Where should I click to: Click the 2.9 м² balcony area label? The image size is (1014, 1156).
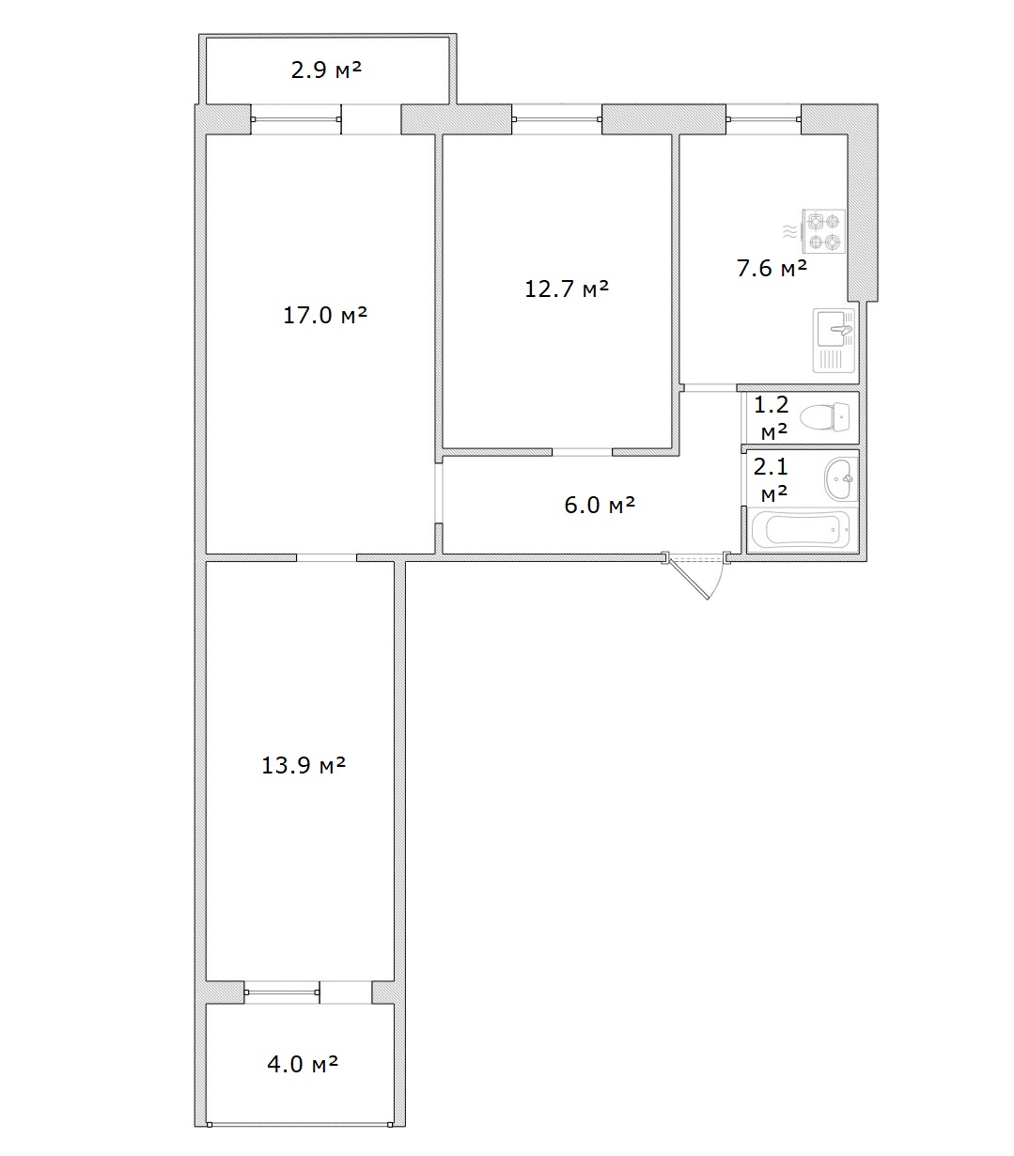pos(326,70)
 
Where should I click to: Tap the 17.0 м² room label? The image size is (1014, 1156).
pos(325,315)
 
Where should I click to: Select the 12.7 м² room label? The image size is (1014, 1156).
pos(567,289)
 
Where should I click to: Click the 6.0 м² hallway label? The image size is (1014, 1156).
pos(600,505)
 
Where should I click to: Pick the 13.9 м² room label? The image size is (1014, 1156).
pos(304,765)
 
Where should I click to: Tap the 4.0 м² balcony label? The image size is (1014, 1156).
pos(303,1064)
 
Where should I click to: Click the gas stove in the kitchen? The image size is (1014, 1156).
pos(823,231)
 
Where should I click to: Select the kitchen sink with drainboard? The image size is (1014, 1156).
pos(834,340)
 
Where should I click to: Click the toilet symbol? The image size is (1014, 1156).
pos(824,417)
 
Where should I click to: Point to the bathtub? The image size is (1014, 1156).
pos(801,529)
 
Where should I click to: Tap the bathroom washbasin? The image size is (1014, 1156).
pos(840,478)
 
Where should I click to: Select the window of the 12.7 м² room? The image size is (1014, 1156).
pos(556,119)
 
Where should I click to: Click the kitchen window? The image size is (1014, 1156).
pos(763,119)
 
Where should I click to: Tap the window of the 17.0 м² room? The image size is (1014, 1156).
pos(296,119)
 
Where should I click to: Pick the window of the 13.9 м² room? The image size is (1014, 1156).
pos(282,992)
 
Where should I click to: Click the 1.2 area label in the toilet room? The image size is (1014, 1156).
pos(772,404)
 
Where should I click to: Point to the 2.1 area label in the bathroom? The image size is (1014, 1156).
pos(771,467)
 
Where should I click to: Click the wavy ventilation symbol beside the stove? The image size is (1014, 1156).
pos(789,231)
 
